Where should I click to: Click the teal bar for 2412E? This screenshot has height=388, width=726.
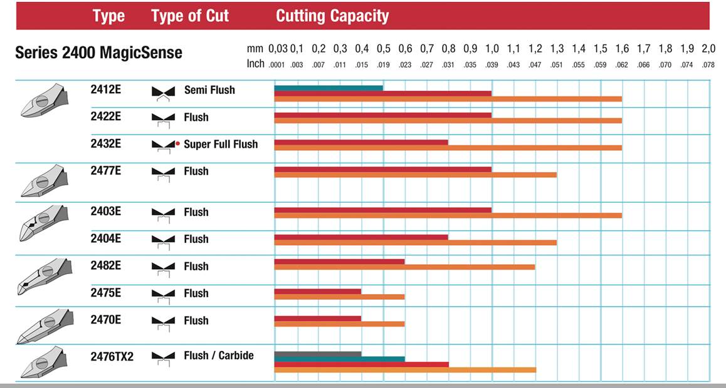pos(329,88)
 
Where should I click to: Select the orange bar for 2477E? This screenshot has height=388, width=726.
pos(415,175)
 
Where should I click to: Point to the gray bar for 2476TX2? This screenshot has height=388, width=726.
pos(318,354)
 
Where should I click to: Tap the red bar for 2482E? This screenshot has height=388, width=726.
pos(339,262)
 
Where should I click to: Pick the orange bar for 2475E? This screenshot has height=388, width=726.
pos(339,297)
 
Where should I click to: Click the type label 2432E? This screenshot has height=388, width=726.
pos(106,144)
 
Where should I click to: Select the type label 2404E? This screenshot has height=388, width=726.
pos(106,238)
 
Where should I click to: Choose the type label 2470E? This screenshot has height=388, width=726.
pos(106,320)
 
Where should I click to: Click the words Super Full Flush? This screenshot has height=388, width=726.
pos(221,145)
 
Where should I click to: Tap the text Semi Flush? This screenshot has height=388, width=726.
pos(209,90)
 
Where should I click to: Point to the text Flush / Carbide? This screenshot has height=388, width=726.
pos(219,355)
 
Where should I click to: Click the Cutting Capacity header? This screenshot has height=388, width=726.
pos(332,16)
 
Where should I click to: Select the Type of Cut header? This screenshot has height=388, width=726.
pos(191,16)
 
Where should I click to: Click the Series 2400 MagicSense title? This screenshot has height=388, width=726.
pos(98,53)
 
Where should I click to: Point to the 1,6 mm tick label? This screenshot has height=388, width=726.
pos(622,49)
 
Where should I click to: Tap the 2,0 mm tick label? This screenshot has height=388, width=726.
pos(708,49)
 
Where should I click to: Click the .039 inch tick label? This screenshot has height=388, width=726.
pos(492,64)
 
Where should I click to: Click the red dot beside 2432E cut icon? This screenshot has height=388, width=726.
pos(178,144)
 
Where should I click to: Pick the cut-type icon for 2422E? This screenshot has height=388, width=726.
pos(163,118)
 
